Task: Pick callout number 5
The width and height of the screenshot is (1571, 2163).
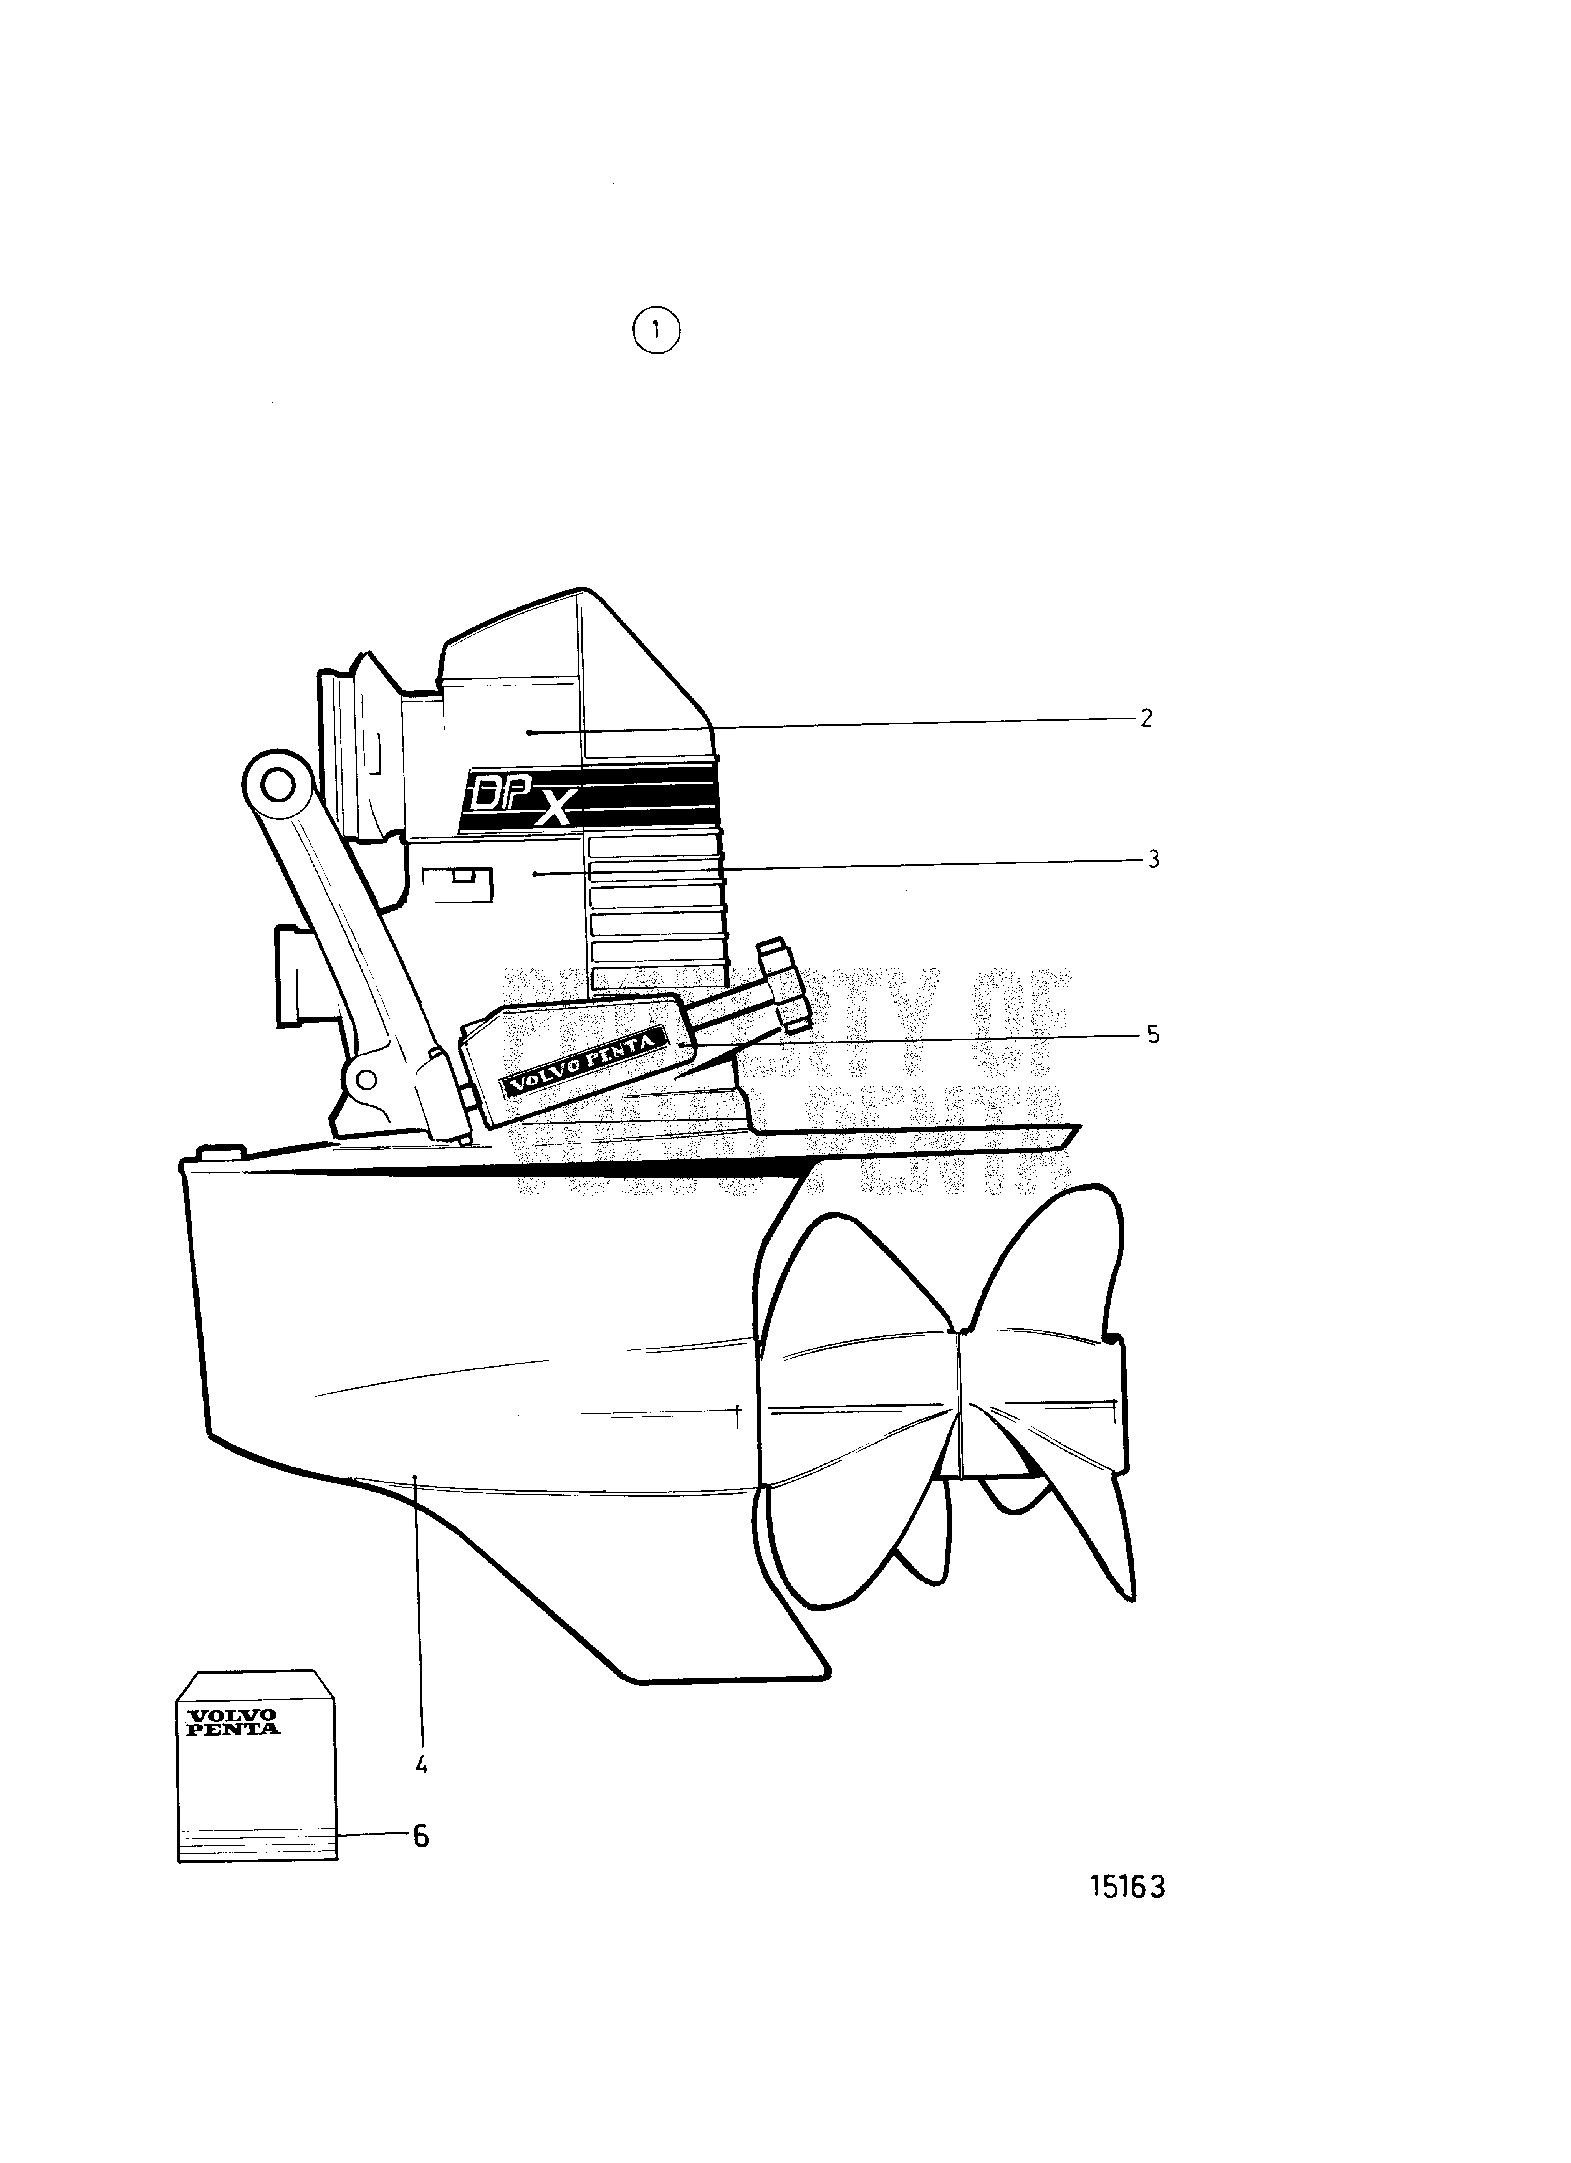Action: click(x=1153, y=1035)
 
